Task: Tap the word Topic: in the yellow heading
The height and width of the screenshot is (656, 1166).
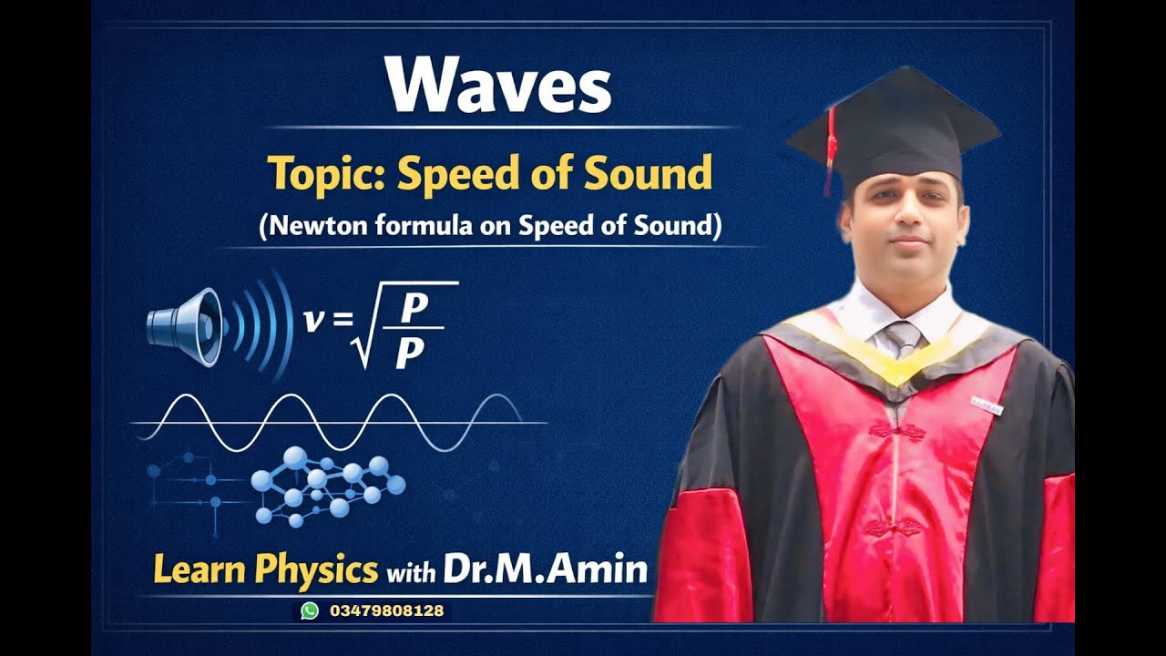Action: coord(326,172)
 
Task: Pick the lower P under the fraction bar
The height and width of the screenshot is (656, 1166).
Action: coord(410,354)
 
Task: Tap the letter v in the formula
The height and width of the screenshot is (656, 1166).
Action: coord(313,320)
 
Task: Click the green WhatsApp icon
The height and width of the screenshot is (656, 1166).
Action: coord(310,610)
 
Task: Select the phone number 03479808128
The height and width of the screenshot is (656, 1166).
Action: coord(386,610)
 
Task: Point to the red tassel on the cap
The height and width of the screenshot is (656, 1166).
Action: coord(829,150)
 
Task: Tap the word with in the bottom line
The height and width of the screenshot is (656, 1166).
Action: coord(411,573)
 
